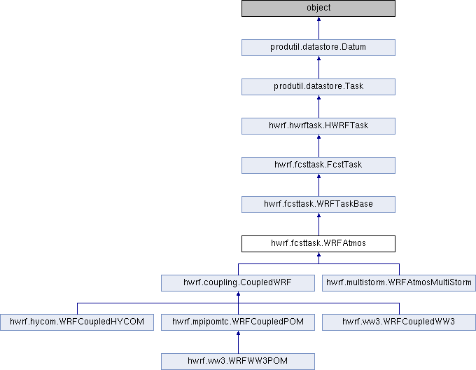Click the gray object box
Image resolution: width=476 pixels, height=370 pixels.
click(318, 8)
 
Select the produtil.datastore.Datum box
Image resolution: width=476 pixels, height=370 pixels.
click(318, 48)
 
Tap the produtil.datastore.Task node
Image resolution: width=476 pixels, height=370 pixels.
click(318, 87)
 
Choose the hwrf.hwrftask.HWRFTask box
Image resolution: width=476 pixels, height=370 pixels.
click(318, 125)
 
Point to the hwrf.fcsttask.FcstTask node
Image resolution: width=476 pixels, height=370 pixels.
click(318, 165)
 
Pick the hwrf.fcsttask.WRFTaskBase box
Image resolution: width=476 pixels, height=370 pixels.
click(318, 204)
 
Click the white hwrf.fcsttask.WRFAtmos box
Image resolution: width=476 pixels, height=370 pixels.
click(318, 244)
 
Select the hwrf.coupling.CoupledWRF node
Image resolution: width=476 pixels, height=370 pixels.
click(238, 283)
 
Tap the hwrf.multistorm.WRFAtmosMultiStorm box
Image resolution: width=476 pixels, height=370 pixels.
click(399, 283)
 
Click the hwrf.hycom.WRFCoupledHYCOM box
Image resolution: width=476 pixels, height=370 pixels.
click(77, 322)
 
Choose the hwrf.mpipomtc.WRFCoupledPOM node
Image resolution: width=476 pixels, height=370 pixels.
click(238, 322)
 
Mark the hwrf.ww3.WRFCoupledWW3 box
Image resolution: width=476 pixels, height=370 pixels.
click(399, 322)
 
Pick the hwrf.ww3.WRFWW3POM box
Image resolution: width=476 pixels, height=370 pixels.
click(238, 361)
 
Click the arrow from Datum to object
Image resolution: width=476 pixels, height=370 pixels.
click(318, 28)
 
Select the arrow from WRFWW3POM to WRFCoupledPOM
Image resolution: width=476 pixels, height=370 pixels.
click(238, 342)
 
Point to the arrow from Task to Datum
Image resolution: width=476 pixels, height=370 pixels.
click(318, 67)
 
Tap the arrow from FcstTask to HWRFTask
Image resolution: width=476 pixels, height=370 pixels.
click(318, 146)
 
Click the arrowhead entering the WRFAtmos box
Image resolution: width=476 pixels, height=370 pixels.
click(318, 254)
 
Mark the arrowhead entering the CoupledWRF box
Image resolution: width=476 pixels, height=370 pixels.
click(238, 294)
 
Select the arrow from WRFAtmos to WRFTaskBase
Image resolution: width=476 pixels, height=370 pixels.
click(318, 224)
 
